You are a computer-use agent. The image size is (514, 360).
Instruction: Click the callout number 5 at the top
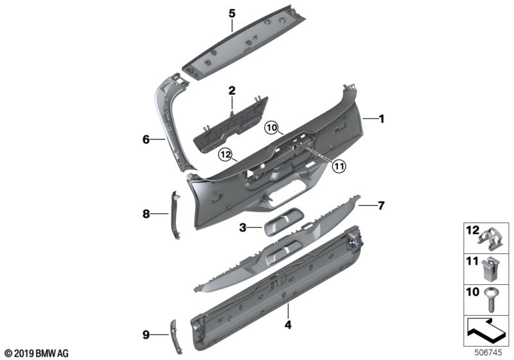pos(233,12)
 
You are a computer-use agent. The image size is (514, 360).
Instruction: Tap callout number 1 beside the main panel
pos(381,118)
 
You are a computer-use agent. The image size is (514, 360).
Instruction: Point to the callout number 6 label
pos(145,138)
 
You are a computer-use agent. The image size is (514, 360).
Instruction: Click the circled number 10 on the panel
pos(272,129)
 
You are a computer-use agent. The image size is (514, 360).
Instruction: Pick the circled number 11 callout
pos(338,166)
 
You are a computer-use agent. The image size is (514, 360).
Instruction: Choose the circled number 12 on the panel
pos(224,154)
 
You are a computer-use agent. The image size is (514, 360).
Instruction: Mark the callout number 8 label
pos(146,213)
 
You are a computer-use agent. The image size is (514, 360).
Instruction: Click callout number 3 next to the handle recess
pos(242,227)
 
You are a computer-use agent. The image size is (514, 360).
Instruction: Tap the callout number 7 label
pos(381,206)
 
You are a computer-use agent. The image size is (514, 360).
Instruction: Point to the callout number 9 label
pos(145,334)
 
